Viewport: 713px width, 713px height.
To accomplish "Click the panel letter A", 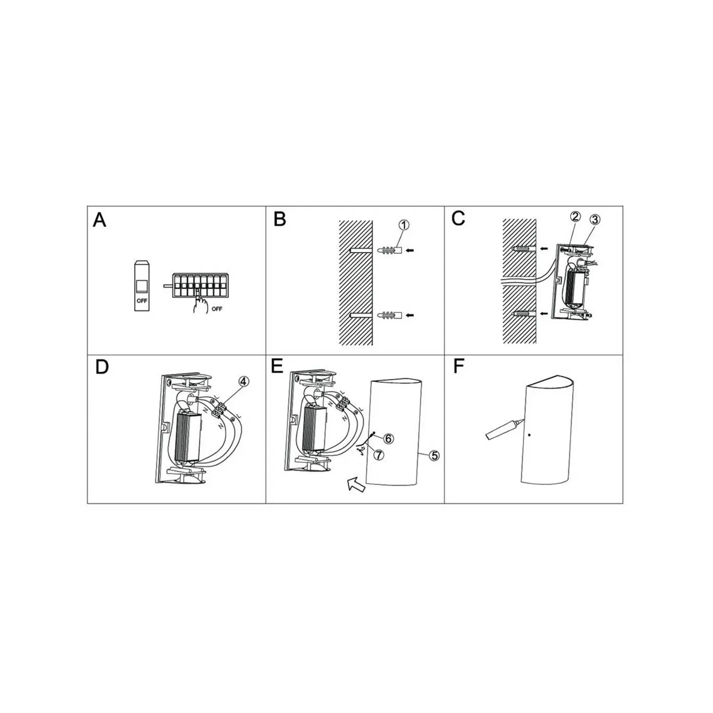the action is point(100,220).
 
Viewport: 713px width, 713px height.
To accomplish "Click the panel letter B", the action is point(280,219).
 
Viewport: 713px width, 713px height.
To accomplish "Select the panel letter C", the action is point(459,219).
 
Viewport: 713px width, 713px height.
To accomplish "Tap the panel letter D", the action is point(102,367).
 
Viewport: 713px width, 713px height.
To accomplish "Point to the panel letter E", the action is point(277,366).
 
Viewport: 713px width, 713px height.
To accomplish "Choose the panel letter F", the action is point(458,367).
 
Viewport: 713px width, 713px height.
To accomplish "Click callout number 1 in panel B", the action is point(403,225).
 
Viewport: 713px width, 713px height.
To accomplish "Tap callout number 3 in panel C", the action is point(595,220).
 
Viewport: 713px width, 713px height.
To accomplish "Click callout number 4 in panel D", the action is point(243,381).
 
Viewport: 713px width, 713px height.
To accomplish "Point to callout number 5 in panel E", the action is point(434,455).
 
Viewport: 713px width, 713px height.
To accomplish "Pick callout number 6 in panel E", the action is point(388,438).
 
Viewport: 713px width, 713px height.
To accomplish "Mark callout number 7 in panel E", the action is point(378,454).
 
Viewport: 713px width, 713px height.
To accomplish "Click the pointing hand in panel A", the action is point(200,304).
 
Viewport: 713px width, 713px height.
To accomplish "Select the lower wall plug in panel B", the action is point(390,315).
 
